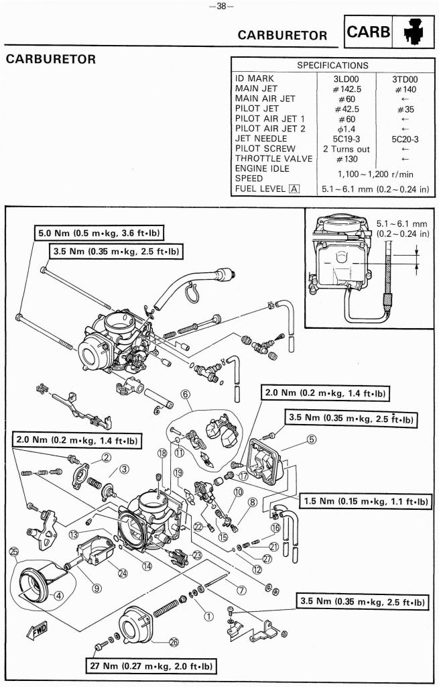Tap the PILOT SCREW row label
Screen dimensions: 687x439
(265, 148)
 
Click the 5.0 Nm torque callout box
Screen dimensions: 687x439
(101, 233)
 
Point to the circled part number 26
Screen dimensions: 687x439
(174, 642)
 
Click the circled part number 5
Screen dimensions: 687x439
(312, 440)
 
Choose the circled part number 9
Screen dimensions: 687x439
(97, 588)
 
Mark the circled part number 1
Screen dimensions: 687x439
(208, 615)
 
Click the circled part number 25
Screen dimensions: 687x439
(14, 551)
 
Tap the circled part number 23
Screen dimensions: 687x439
(197, 554)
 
